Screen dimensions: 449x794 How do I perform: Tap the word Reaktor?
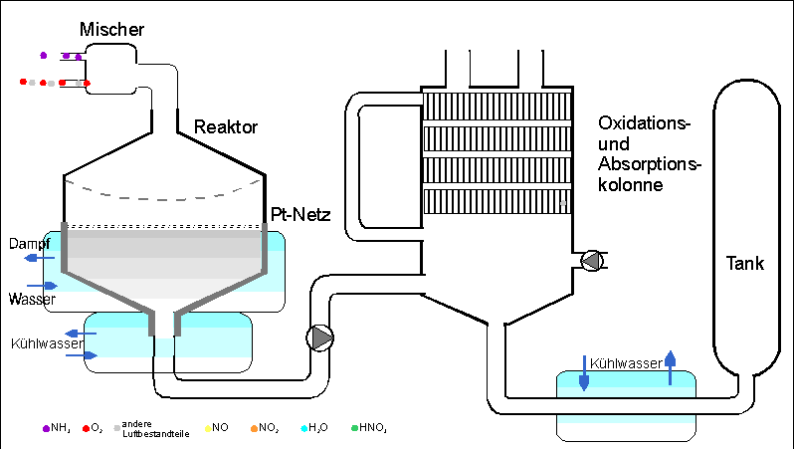[x=226, y=126]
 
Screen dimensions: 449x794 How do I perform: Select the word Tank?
[x=744, y=264]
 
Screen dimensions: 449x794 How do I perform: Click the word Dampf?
[x=30, y=243]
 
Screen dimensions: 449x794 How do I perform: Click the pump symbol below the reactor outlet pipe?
[x=321, y=337]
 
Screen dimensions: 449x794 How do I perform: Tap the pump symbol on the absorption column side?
[x=592, y=261]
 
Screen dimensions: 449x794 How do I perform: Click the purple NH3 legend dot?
[x=46, y=428]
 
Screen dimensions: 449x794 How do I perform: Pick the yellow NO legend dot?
[x=206, y=428]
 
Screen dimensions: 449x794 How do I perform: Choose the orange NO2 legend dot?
[x=255, y=428]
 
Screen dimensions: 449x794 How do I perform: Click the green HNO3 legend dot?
[x=353, y=428]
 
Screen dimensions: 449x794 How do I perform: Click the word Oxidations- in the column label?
[x=644, y=123]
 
